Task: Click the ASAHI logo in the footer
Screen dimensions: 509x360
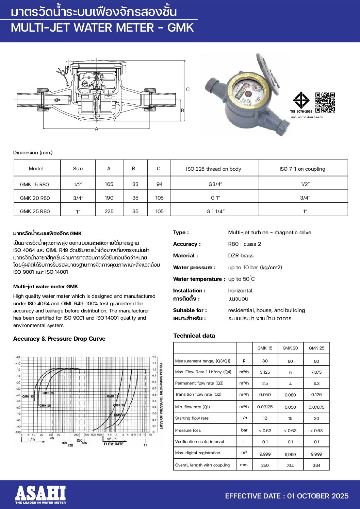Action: tap(40, 494)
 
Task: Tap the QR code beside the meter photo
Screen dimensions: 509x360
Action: tap(325, 102)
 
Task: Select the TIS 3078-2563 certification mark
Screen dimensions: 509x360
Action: tap(301, 102)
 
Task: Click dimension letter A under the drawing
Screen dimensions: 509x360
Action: tap(97, 129)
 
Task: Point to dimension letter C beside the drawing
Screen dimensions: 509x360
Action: tap(188, 89)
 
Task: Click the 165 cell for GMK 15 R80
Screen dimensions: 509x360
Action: tap(109, 184)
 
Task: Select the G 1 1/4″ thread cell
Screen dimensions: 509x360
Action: tap(215, 211)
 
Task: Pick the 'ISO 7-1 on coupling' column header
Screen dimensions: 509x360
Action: tap(302, 169)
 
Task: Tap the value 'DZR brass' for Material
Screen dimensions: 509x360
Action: tap(241, 256)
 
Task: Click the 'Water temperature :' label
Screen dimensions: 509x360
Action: tap(199, 279)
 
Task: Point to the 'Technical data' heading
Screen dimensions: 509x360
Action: tap(194, 336)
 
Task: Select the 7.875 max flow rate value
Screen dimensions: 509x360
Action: tap(316, 372)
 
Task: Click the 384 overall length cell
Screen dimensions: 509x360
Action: tap(316, 465)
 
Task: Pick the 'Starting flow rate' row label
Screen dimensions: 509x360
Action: tap(192, 418)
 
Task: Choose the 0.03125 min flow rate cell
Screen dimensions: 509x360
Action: tap(265, 407)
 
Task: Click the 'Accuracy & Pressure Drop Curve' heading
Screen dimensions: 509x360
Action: tap(59, 339)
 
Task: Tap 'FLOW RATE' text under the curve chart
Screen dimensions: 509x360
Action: tap(113, 444)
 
